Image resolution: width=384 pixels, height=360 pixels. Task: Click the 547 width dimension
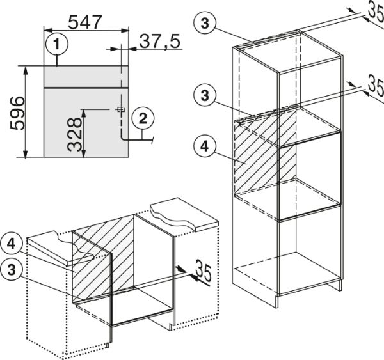tap(84, 22)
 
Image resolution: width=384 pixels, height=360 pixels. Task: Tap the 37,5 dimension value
tap(160, 41)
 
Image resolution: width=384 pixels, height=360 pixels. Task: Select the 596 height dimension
tap(18, 113)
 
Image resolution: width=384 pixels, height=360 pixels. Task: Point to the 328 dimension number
tap(74, 134)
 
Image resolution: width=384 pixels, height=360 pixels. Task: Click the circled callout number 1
tap(57, 45)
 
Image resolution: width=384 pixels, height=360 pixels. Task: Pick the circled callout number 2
tap(143, 119)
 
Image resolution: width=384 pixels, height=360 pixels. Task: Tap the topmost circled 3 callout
tap(205, 23)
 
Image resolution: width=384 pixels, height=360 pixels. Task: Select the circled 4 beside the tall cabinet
tap(205, 146)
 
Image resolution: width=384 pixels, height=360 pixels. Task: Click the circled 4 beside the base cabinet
tap(12, 244)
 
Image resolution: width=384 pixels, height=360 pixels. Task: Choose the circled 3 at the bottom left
tap(12, 270)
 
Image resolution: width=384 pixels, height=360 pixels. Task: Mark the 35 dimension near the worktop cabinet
tap(203, 271)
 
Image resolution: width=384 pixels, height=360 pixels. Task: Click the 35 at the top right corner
tap(376, 14)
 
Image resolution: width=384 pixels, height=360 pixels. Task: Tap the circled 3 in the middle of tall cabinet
tap(205, 95)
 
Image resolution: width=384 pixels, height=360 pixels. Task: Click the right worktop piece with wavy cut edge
tap(184, 214)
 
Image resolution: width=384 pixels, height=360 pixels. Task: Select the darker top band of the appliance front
tap(86, 77)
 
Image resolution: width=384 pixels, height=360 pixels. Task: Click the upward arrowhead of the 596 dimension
tap(26, 70)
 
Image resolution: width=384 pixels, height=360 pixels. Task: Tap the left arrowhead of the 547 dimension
tap(47, 30)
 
